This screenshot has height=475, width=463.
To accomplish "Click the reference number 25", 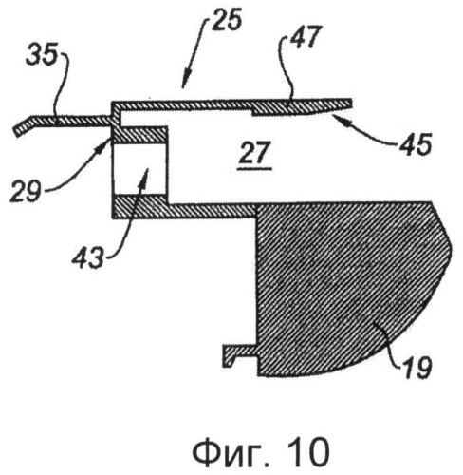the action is point(227,20).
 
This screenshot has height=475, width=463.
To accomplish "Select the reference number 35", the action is point(42,54).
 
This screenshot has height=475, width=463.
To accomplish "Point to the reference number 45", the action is point(415,144).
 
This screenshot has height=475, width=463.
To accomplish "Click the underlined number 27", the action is point(255,153).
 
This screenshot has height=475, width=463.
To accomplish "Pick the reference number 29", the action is point(25,190).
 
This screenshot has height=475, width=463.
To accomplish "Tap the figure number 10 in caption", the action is point(309,451).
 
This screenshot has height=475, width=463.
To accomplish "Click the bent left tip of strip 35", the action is point(16,131).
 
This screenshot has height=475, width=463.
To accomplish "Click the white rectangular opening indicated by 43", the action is point(139,168).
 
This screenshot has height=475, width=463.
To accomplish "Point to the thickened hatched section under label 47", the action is point(301,107).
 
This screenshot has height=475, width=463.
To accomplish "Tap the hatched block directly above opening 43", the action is point(139,134).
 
